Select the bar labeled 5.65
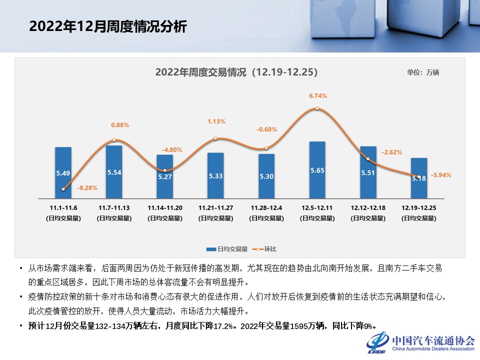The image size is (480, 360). click(317, 169)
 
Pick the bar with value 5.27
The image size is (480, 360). click(164, 176)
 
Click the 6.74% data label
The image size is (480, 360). click(318, 95)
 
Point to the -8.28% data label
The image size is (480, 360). click(87, 188)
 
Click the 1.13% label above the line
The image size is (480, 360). click(216, 121)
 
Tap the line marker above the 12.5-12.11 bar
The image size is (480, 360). click(317, 108)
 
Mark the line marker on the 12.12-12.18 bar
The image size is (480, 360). click(368, 159)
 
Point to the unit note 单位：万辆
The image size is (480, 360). click(422, 72)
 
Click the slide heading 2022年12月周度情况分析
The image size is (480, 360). click(107, 26)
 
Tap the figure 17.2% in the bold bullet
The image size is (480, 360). click(223, 326)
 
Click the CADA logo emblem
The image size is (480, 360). click(377, 342)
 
